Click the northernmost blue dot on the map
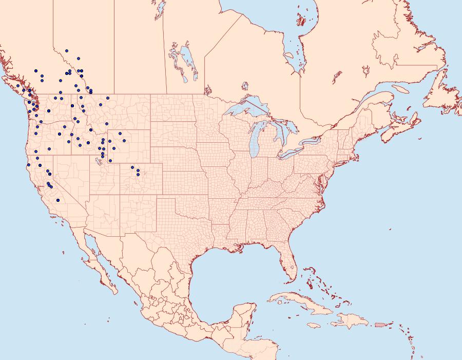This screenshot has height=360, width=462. pos(67,51)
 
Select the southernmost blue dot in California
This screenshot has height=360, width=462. pos(58,200)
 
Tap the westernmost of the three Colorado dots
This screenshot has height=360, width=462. pos(132,167)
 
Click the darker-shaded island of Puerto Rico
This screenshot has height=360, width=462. pos(379,324)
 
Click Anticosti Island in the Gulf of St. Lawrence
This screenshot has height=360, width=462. pos(400,89)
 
